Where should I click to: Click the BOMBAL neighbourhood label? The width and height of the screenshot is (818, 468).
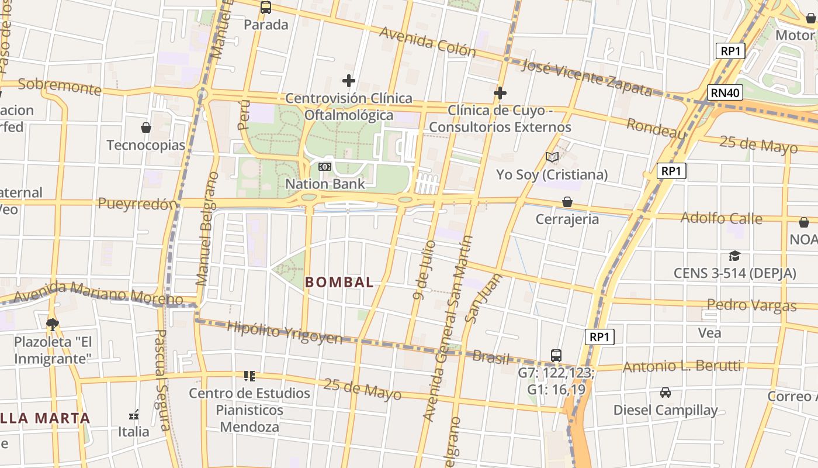[x=339, y=282]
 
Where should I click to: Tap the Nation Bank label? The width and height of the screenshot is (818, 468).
[x=325, y=184]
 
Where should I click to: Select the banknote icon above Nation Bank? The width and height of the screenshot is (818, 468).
[x=324, y=167]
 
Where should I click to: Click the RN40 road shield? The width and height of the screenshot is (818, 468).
[x=726, y=92]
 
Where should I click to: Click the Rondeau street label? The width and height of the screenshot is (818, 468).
[x=656, y=128]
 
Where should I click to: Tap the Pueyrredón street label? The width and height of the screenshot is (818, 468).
[x=137, y=204]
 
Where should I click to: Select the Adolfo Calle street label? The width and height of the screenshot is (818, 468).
[x=722, y=218]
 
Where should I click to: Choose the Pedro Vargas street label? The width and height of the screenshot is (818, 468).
[x=751, y=305]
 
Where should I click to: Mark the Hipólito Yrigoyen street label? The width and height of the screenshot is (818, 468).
[x=285, y=332]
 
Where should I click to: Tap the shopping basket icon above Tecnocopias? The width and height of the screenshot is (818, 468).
[x=146, y=128]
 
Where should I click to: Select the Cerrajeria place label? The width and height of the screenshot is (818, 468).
[x=567, y=219]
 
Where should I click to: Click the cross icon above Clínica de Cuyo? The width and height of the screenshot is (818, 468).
[x=500, y=92]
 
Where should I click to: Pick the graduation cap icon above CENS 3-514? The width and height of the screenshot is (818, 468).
[x=734, y=256]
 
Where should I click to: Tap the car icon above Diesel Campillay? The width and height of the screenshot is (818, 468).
[x=665, y=392]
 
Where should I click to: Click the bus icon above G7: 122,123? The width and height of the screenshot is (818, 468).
[x=556, y=355]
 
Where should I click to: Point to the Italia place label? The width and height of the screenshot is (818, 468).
[x=134, y=432]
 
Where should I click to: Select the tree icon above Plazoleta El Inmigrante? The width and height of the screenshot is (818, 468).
[x=53, y=324]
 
